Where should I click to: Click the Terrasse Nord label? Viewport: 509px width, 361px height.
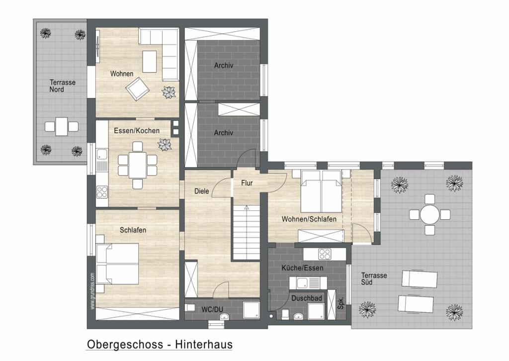click(x=62, y=86)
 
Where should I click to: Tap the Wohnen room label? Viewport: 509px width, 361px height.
click(x=122, y=74)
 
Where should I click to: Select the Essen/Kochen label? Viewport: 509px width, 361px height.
click(x=137, y=131)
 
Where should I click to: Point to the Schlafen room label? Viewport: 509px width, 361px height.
click(x=133, y=230)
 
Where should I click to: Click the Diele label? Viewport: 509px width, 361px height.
click(x=202, y=191)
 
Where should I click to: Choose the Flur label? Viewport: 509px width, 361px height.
click(x=247, y=183)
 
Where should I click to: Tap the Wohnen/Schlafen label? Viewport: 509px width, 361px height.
click(x=309, y=219)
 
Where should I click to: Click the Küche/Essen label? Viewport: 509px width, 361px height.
click(x=302, y=268)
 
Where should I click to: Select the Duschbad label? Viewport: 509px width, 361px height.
click(x=306, y=298)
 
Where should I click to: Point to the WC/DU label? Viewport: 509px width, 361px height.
click(x=212, y=310)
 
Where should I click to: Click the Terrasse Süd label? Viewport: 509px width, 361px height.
click(x=374, y=279)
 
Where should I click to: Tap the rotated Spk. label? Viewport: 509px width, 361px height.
click(x=341, y=303)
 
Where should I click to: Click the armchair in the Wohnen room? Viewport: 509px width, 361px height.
click(x=138, y=89)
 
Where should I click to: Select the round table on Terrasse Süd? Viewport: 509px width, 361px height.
click(x=430, y=215)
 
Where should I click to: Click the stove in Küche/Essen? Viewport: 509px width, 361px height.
click(x=324, y=254)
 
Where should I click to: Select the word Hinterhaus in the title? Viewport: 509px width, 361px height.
click(x=204, y=344)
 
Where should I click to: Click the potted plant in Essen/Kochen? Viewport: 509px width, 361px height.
click(x=165, y=145)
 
